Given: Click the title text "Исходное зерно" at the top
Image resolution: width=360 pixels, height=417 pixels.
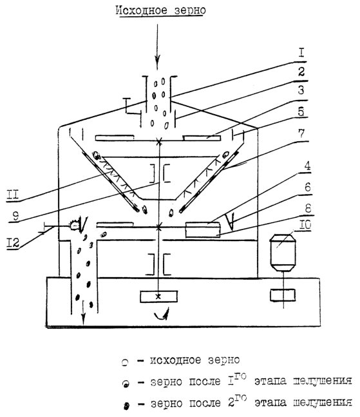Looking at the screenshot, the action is (x=160, y=11).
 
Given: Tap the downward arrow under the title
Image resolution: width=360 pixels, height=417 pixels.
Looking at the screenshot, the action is (x=158, y=47).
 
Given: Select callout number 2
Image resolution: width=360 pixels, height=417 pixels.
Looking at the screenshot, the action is (x=301, y=72).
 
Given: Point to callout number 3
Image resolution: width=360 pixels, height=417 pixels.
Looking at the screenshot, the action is (x=301, y=90).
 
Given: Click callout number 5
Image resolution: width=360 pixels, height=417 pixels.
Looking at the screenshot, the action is (x=301, y=112).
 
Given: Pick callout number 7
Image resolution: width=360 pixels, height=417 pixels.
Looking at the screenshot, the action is (x=301, y=133).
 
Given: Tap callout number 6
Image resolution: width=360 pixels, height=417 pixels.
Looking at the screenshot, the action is (x=307, y=187).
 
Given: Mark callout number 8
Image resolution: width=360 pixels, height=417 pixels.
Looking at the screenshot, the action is (x=308, y=208).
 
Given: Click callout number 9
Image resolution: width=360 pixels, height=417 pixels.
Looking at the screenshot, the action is (x=15, y=215).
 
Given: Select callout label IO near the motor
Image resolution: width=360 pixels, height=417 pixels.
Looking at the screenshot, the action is (x=305, y=225).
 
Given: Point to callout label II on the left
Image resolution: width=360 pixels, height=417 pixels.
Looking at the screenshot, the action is (x=12, y=195).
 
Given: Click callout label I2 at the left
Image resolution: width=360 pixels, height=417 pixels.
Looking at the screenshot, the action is (x=12, y=242).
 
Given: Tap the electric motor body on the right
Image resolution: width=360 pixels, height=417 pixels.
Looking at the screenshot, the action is (x=283, y=253).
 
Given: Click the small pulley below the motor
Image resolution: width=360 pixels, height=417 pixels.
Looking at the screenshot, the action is (x=283, y=295).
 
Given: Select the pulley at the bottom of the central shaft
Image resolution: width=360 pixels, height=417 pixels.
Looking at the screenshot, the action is (x=158, y=296).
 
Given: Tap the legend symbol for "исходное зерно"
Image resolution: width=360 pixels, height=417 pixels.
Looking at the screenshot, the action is (x=125, y=362).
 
